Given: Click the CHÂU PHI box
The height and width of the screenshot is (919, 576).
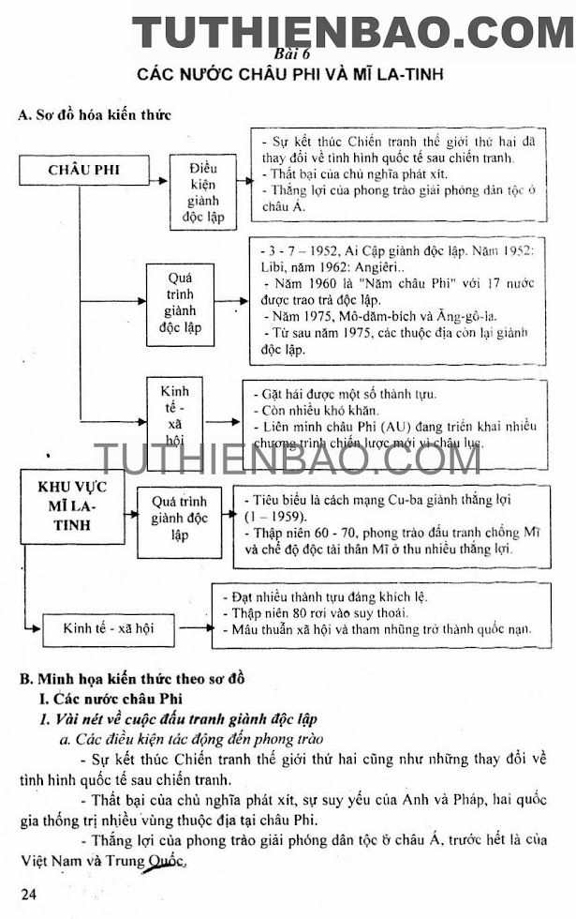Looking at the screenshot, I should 83,170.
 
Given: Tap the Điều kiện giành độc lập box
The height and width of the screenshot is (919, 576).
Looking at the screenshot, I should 210,191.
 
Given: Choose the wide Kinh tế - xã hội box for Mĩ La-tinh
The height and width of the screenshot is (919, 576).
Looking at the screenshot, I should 108,628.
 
